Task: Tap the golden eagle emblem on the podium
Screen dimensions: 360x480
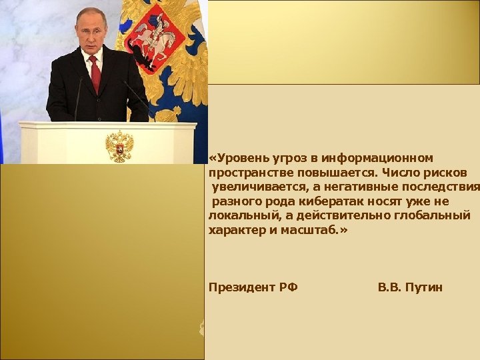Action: coord(119,145)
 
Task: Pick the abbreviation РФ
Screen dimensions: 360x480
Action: coord(288,287)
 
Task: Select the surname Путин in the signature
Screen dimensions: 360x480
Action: coord(423,287)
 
